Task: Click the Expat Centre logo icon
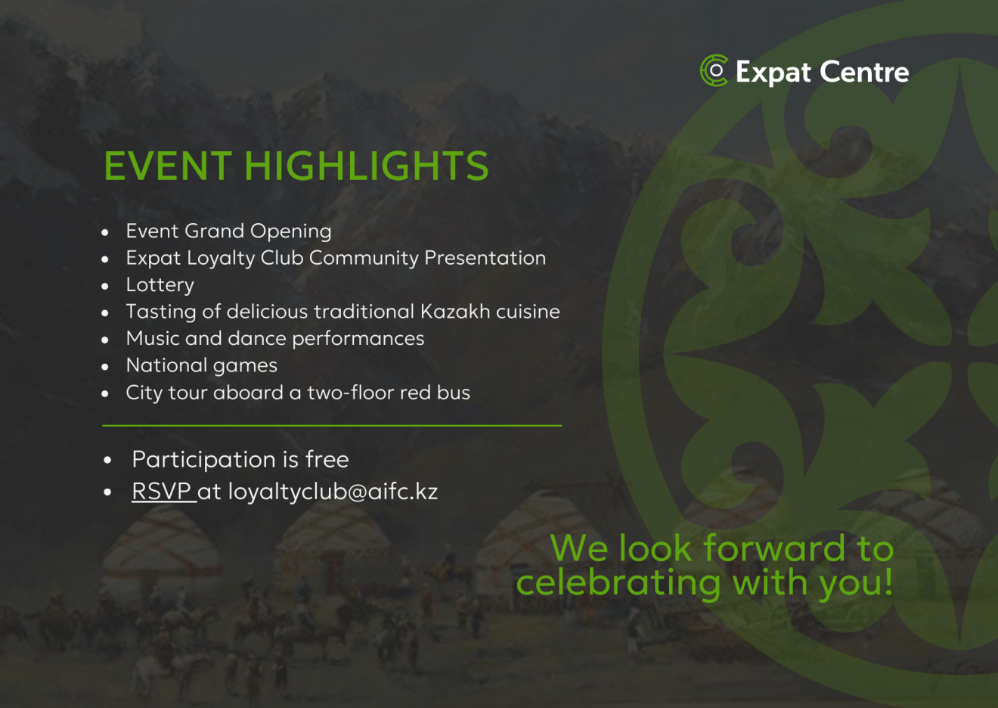(x=714, y=70)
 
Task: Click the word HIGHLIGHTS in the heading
(x=367, y=166)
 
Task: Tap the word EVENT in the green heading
(x=168, y=166)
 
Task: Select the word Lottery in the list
(x=160, y=285)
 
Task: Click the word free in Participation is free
(x=327, y=459)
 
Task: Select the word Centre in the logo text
(x=864, y=72)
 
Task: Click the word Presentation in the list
(x=485, y=258)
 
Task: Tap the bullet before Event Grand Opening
(x=105, y=232)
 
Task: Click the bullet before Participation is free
(x=107, y=460)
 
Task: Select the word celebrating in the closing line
(x=618, y=583)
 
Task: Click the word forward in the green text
(x=774, y=548)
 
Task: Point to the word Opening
(x=291, y=231)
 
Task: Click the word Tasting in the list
(x=161, y=312)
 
